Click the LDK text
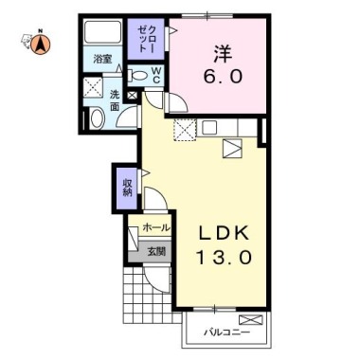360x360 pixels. click(x=225, y=232)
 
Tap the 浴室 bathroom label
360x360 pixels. click(x=102, y=60)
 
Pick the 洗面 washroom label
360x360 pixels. click(x=115, y=101)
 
